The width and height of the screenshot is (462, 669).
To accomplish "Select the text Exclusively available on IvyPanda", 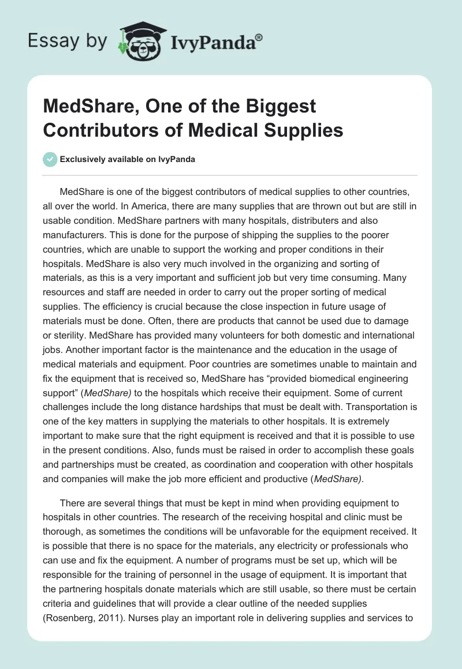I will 126,159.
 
